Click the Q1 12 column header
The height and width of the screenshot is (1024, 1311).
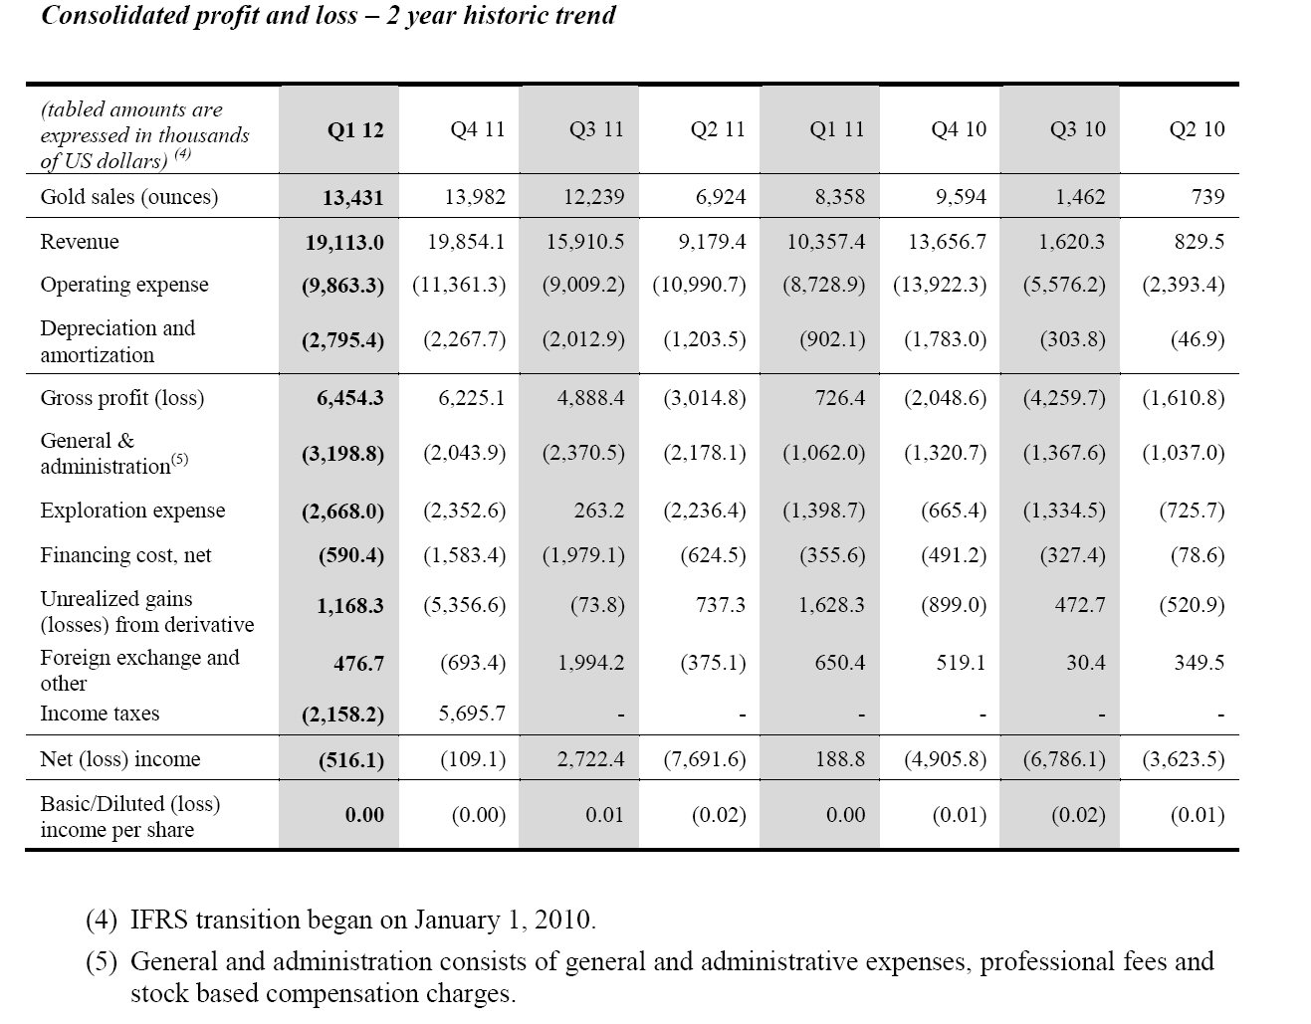tap(355, 130)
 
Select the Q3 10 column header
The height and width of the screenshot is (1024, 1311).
tap(1077, 129)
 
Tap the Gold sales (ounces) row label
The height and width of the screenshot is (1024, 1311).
tap(129, 197)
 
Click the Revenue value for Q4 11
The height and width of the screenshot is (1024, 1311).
tap(466, 242)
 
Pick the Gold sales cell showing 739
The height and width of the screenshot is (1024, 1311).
tap(1207, 197)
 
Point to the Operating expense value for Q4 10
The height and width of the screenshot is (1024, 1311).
tap(940, 284)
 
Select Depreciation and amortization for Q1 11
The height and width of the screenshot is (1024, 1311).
tap(832, 339)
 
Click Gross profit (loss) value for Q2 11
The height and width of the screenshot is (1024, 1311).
tap(705, 398)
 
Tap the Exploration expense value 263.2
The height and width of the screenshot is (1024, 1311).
tap(599, 511)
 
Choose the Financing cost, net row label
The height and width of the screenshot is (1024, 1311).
tap(125, 555)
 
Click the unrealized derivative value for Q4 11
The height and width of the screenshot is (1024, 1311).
tap(465, 604)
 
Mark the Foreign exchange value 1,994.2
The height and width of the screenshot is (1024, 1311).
tap(590, 663)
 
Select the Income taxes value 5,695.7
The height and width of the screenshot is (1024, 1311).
tap(472, 714)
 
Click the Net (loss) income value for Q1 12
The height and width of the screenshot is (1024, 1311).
tap(351, 759)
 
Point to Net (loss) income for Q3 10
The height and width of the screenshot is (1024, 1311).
tap(1064, 758)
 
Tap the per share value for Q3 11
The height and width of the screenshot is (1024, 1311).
tap(604, 815)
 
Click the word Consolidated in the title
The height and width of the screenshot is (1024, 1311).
tap(114, 15)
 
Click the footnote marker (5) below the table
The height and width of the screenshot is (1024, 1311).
tap(101, 961)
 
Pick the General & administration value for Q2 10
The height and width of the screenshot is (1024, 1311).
tap(1184, 453)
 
